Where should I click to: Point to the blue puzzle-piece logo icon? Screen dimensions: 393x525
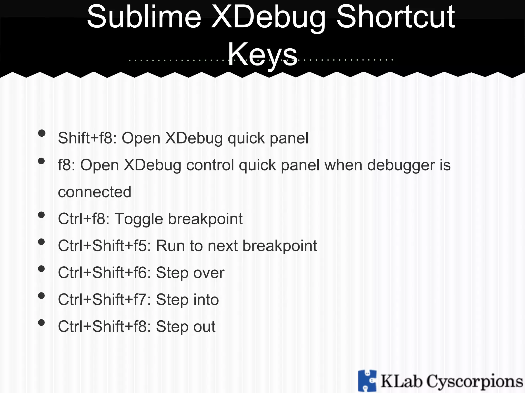tap(367, 380)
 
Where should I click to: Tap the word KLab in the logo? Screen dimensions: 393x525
tap(401, 381)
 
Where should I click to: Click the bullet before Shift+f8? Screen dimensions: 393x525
tap(42, 133)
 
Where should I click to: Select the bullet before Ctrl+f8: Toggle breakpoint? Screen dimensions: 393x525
tap(42, 215)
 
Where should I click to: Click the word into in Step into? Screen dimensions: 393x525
tap(206, 300)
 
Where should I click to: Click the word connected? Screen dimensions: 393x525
tap(95, 192)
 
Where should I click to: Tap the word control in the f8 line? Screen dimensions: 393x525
tap(210, 165)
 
